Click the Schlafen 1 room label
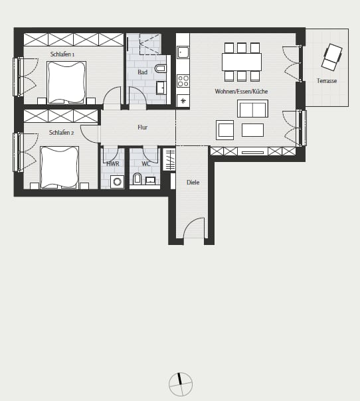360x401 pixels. (62, 54)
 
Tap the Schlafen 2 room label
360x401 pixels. (61, 133)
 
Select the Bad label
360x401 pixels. (143, 72)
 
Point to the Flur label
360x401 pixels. (143, 127)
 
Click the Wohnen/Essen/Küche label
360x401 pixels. (241, 92)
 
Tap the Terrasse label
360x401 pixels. (327, 81)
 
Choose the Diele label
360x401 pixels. (193, 183)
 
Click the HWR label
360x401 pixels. (113, 164)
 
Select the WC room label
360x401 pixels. (146, 164)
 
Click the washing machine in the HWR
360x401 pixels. (117, 182)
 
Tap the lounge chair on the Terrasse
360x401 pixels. (332, 57)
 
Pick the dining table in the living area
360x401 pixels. (242, 62)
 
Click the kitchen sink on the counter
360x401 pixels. (183, 52)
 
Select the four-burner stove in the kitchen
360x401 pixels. (183, 80)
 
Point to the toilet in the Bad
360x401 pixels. (161, 68)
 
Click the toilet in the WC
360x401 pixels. (137, 179)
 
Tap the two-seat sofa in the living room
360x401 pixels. (252, 109)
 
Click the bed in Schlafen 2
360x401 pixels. (59, 167)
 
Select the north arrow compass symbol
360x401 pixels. (181, 384)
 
